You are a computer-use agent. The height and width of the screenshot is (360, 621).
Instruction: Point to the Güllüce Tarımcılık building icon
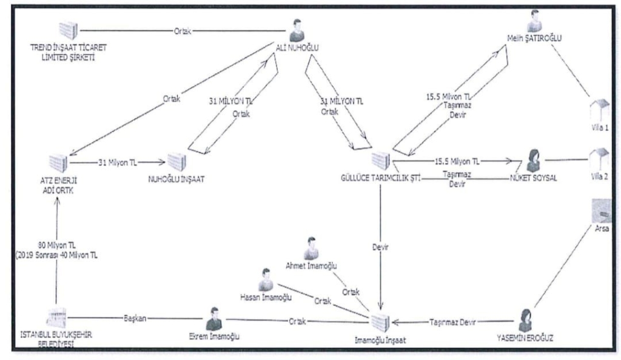tap(380, 161)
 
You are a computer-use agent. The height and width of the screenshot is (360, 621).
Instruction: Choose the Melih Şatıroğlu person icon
tap(533, 21)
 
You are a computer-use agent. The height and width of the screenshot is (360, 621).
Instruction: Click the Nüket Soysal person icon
tap(534, 161)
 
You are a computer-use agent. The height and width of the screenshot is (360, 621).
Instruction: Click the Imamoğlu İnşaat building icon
tap(380, 322)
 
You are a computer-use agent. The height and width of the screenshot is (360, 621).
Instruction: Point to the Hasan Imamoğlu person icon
tap(265, 279)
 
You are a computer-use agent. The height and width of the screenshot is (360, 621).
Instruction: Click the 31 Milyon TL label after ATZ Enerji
tap(116, 163)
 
